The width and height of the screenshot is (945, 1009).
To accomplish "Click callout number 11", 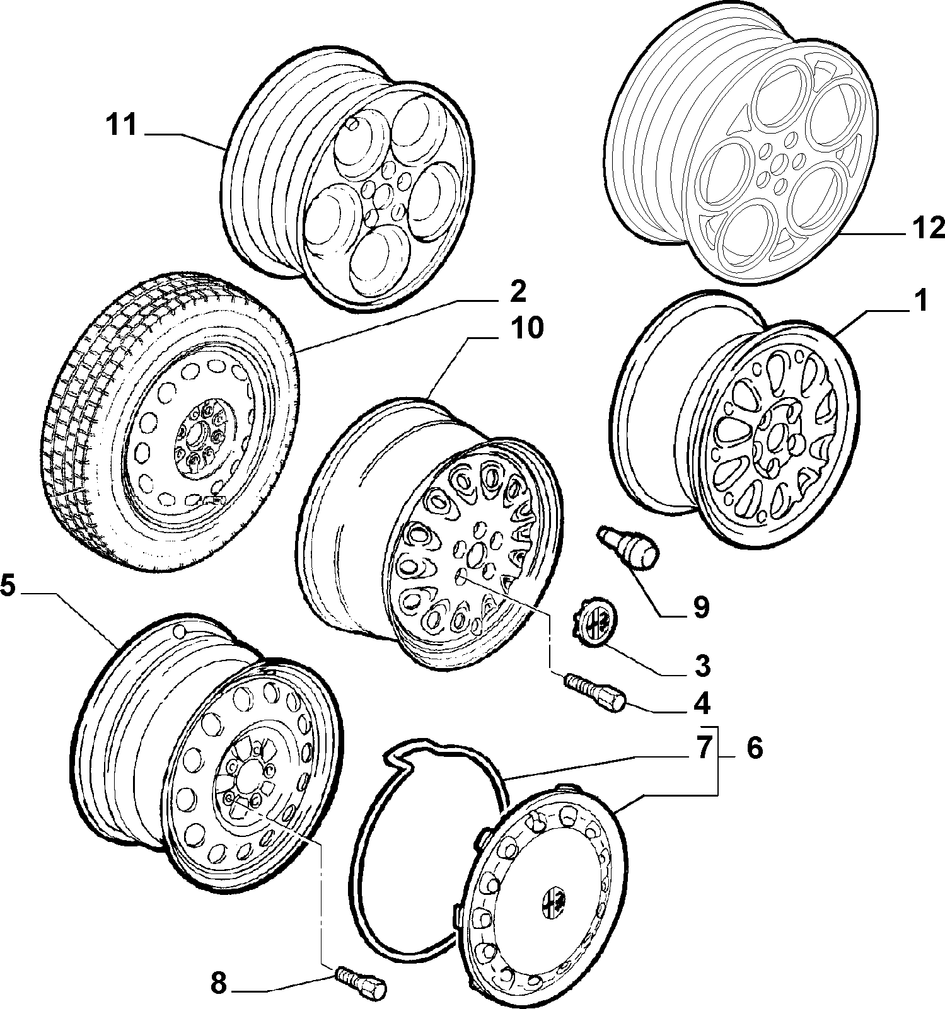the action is pos(121,125).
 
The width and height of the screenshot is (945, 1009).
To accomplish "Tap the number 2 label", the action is pos(516,291).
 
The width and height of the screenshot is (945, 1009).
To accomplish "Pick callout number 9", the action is pos(700,607).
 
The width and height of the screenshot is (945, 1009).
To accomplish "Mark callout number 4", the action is pos(701,704).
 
